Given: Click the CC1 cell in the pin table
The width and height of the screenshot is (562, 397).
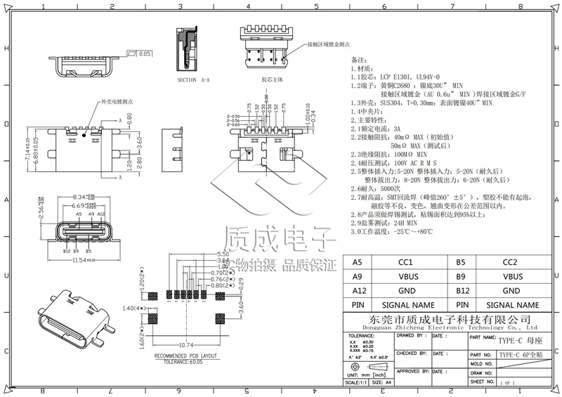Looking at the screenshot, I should click(405, 262).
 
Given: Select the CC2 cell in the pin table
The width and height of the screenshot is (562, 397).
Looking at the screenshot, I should click(511, 262).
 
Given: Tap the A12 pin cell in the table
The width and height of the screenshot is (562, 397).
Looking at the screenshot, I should click(358, 291).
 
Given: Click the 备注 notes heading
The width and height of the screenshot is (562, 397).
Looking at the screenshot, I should click(358, 60).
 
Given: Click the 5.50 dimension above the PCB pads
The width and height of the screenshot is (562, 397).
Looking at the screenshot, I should click(223, 254).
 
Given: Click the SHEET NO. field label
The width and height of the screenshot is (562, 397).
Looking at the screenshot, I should click(484, 382).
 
